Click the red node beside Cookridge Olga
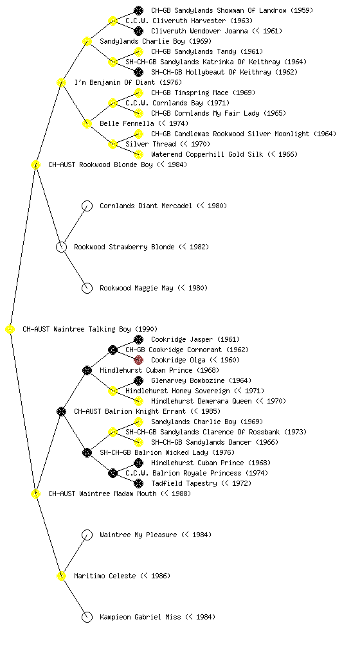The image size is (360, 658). click(138, 360)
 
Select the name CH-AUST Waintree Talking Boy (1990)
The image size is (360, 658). click(90, 330)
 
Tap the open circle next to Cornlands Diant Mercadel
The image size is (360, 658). click(87, 206)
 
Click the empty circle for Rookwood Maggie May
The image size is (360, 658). click(87, 289)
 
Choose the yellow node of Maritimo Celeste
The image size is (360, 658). click(61, 576)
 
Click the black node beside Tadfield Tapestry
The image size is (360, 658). click(138, 483)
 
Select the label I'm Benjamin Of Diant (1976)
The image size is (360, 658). click(122, 83)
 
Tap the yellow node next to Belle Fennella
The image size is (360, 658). click(87, 124)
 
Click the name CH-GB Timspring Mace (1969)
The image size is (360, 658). click(203, 93)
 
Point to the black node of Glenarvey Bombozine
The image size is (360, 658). click(138, 380)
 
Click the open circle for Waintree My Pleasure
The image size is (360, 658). click(87, 535)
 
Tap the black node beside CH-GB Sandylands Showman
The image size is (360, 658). click(138, 10)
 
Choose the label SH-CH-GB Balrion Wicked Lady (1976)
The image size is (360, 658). click(167, 453)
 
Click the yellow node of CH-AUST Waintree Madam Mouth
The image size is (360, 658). click(35, 494)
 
